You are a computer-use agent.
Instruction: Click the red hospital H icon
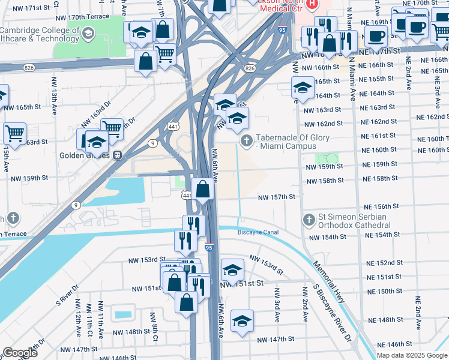click(312, 5)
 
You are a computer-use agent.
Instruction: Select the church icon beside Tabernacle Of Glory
click(246, 141)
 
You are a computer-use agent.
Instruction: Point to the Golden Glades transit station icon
click(119, 154)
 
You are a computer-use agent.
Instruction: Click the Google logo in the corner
click(20, 353)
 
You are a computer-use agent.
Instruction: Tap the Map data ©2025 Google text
click(412, 356)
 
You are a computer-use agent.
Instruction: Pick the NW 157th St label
click(277, 197)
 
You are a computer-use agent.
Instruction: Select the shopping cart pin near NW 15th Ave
click(14, 133)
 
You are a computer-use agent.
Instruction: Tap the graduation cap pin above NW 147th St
click(242, 321)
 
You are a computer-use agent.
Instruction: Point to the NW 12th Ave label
click(77, 324)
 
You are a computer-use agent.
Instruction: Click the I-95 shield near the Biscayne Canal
click(208, 247)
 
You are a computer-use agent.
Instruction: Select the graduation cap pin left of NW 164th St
click(303, 88)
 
